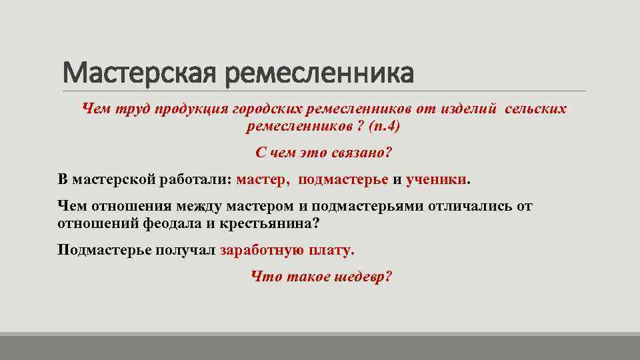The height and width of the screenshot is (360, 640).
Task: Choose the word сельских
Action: point(536,108)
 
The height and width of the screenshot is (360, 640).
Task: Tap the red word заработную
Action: point(261,251)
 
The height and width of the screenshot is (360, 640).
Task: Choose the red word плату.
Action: point(331,251)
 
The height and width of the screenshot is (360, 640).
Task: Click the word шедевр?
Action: point(366,277)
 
